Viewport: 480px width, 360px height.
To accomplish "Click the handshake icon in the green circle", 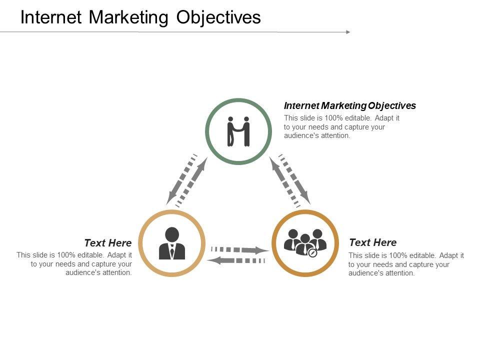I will [x=238, y=131].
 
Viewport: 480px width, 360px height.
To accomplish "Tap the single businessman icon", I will [x=171, y=243].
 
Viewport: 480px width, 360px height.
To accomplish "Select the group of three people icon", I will [x=305, y=242].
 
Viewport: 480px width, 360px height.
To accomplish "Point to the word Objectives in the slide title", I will [x=218, y=17].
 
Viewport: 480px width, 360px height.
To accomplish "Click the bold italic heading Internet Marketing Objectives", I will [x=349, y=105].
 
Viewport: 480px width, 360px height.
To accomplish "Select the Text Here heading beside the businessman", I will [x=108, y=243].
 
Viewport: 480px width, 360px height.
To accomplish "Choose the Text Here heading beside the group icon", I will [x=372, y=242].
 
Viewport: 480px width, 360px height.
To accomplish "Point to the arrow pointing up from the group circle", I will [x=284, y=181].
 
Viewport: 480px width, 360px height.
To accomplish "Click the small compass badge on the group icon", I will [x=313, y=253].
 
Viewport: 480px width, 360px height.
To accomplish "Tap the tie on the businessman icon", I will [x=171, y=251].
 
